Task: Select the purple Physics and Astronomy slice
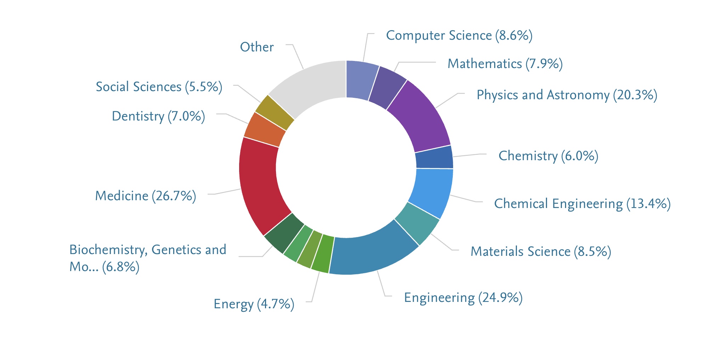point(420,117)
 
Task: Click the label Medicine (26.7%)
point(145,196)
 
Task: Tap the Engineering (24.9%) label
point(463,298)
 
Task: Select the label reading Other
point(257,47)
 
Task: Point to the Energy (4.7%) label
point(254,304)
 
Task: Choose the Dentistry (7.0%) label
point(158,116)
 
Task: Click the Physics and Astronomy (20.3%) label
point(567,95)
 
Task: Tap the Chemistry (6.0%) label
point(548,156)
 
